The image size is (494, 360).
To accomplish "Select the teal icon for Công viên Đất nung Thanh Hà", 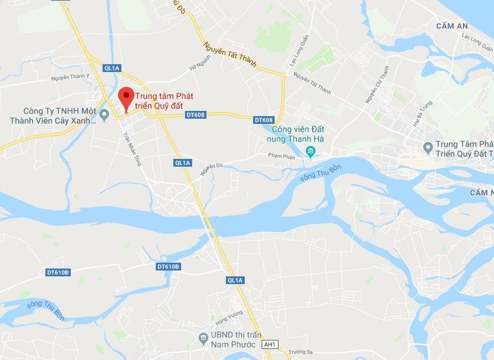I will pyautogui.click(x=310, y=152).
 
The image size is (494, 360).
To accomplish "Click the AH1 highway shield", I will pyautogui.click(x=269, y=344).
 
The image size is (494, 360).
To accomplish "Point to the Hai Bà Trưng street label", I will pyautogui.click(x=423, y=114).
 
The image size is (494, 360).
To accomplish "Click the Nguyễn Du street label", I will pyautogui.click(x=211, y=169).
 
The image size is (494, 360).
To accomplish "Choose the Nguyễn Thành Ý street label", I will pyautogui.click(x=70, y=77).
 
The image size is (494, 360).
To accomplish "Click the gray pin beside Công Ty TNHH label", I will pyautogui.click(x=105, y=115).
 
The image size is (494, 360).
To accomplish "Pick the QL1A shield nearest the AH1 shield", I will pyautogui.click(x=235, y=280).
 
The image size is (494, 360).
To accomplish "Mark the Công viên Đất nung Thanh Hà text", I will pyautogui.click(x=297, y=134).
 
